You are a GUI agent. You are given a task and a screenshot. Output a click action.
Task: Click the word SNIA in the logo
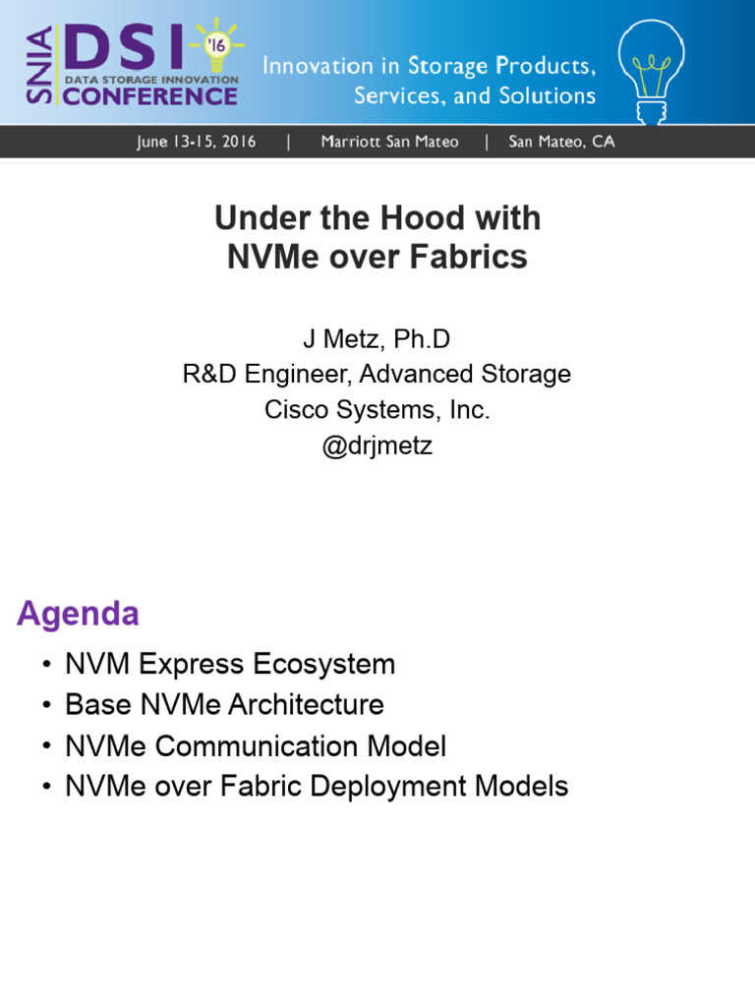tap(41, 66)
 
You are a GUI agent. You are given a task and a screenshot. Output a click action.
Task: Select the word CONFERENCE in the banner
tap(150, 96)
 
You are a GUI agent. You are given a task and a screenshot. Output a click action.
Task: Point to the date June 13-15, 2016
tap(197, 142)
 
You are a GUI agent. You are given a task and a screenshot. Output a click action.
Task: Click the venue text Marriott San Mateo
tap(389, 142)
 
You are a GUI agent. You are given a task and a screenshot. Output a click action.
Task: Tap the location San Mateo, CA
tap(561, 142)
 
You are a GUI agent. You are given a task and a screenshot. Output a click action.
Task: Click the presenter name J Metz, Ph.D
tap(377, 339)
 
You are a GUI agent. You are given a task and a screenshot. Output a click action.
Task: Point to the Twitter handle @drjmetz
tap(377, 445)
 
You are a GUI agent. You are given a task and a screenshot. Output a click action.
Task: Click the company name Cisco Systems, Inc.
tap(377, 410)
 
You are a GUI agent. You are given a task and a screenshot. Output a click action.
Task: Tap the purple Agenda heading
tap(78, 614)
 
